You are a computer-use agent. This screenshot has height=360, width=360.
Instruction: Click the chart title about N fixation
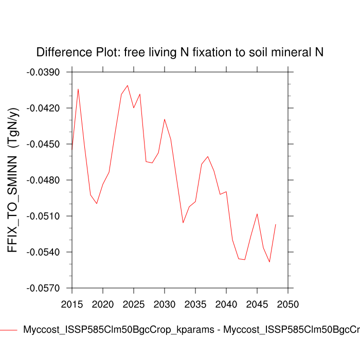[x=179, y=52]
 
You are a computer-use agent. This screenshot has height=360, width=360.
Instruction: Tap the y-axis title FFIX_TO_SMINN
[x=13, y=180]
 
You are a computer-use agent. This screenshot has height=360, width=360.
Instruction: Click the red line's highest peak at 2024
[x=128, y=85]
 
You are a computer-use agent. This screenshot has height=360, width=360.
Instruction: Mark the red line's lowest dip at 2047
[x=269, y=262]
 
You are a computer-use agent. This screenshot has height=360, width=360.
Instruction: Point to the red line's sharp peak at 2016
[x=78, y=89]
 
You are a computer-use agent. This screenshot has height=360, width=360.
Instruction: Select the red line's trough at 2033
[x=183, y=223]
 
